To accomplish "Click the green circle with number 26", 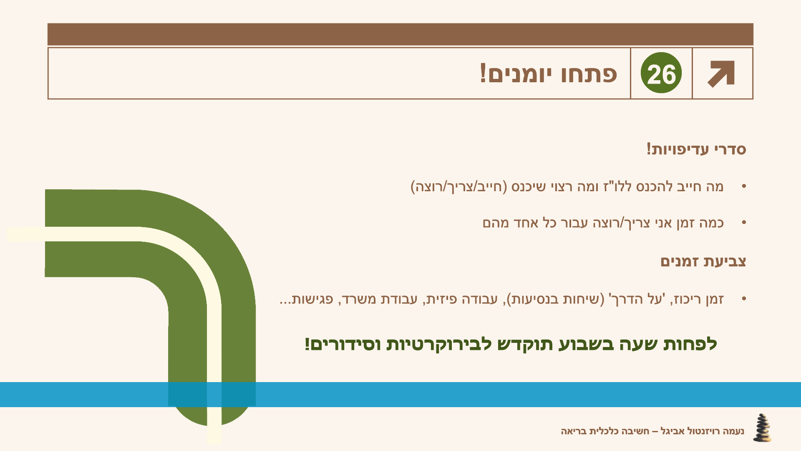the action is click(661, 73).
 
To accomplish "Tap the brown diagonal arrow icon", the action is click(721, 74).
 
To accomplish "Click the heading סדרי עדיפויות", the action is click(696, 149).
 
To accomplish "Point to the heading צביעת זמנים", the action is click(703, 261).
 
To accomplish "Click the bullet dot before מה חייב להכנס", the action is click(744, 186).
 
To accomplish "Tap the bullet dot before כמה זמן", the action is click(744, 223).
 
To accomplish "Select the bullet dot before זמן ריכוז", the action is click(744, 299).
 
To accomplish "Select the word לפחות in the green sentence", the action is click(689, 344).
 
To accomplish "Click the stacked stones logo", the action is click(762, 428).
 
